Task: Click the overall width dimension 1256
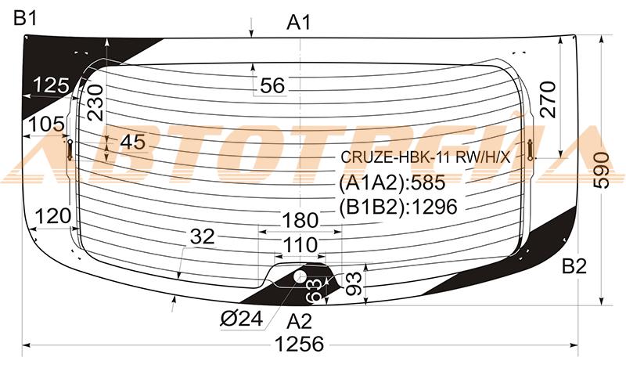pos(300,344)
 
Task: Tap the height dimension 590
pos(602,171)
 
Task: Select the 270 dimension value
pos(547,99)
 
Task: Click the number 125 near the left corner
pos(52,85)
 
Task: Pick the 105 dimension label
pos(46,124)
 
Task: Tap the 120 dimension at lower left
pos(53,217)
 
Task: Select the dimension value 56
pos(272,85)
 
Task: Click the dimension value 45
pos(133,142)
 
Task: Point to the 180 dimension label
pos(300,220)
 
